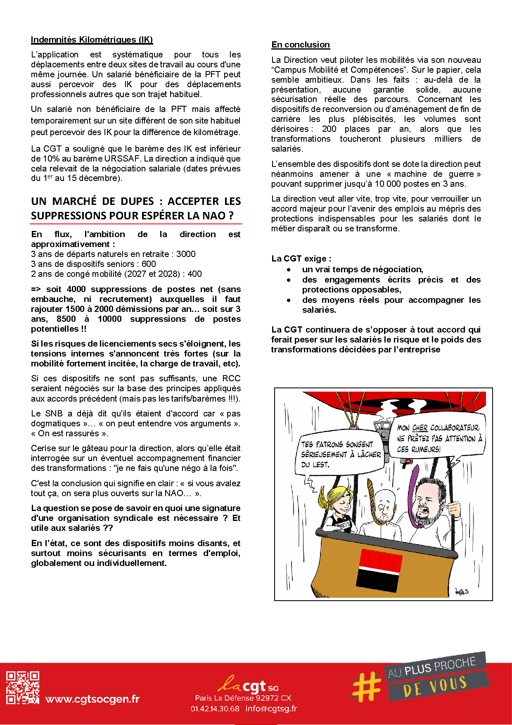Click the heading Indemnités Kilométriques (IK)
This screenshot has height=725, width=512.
click(x=92, y=40)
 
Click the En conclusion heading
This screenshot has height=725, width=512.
click(x=301, y=45)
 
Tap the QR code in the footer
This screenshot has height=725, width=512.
click(x=23, y=687)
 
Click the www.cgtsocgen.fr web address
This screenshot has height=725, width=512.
click(x=92, y=699)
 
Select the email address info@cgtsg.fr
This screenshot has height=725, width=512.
click(x=271, y=708)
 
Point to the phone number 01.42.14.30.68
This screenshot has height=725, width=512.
click(x=215, y=708)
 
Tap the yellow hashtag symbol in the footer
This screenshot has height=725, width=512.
click(x=367, y=687)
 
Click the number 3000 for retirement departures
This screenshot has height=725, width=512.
click(x=186, y=254)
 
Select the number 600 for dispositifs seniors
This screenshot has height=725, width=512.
click(x=149, y=264)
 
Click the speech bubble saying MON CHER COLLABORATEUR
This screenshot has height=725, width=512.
click(x=438, y=438)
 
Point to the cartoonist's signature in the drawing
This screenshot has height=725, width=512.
click(x=462, y=591)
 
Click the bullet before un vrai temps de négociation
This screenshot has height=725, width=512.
click(x=289, y=270)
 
